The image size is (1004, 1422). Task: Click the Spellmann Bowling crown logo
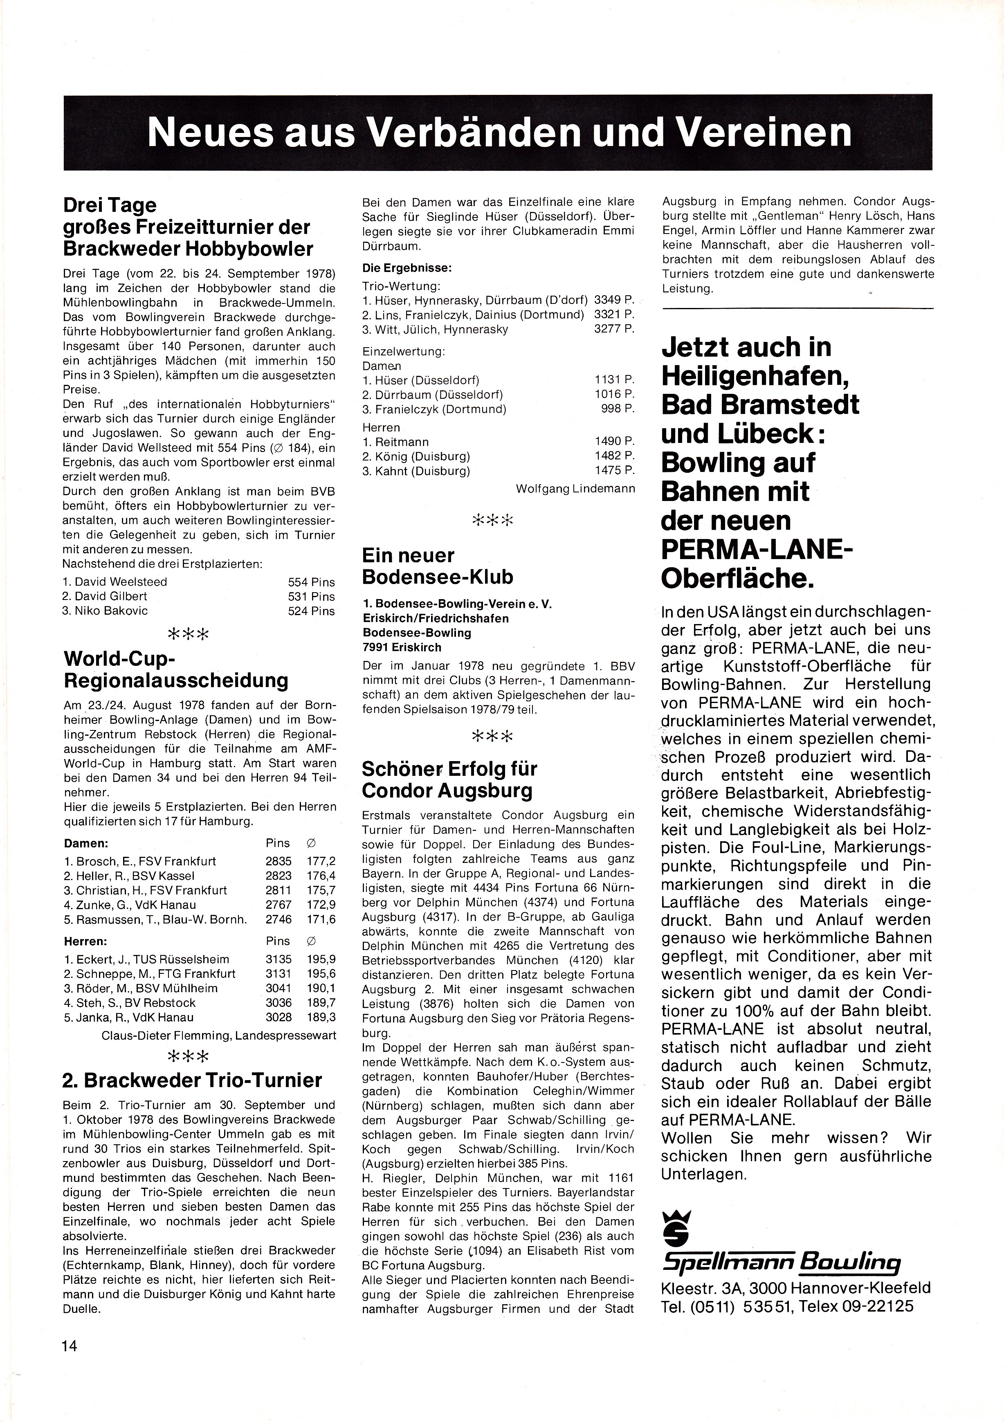(x=674, y=1225)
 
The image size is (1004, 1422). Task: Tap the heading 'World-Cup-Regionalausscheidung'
(x=176, y=669)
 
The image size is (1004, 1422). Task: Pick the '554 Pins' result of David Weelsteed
(x=311, y=582)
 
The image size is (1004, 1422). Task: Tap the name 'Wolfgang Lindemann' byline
(x=575, y=489)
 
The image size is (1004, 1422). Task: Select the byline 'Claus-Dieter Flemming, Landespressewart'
(x=219, y=1035)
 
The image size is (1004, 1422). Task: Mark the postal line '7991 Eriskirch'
(x=402, y=647)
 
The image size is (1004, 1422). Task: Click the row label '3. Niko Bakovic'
(x=105, y=611)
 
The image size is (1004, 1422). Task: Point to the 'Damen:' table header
(x=86, y=843)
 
